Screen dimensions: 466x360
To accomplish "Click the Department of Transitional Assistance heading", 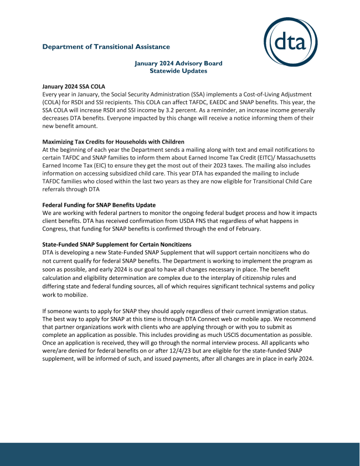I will [x=106, y=47].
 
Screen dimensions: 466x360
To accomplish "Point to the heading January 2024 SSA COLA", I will [x=74, y=86].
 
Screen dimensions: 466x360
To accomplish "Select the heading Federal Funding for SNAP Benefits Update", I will [x=99, y=204].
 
